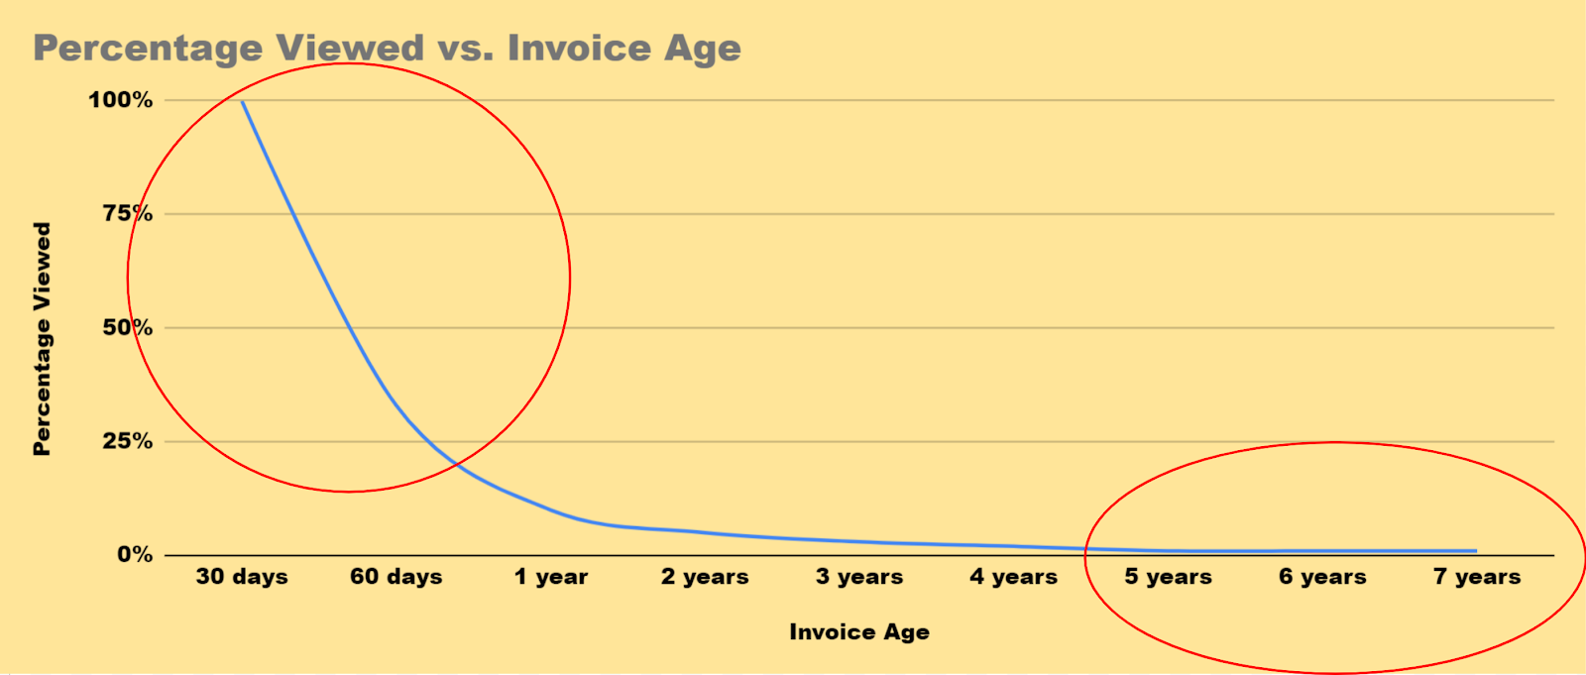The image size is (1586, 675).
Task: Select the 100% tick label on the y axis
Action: [x=120, y=100]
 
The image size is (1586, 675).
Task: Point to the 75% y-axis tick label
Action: [x=128, y=213]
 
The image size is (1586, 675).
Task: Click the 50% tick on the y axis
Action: [x=128, y=327]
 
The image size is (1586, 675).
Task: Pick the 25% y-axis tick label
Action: [x=128, y=441]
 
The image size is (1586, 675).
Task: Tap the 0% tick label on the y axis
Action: [x=135, y=555]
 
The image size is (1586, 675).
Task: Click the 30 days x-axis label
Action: [x=242, y=577]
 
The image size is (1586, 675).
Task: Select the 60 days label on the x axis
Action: [x=396, y=577]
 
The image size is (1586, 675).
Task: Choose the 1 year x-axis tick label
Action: [x=551, y=577]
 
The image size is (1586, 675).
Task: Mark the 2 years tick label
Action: [x=705, y=577]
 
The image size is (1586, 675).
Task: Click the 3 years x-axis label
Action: [x=859, y=577]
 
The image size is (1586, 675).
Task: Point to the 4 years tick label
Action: [x=1014, y=577]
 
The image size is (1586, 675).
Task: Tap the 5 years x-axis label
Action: [x=1169, y=577]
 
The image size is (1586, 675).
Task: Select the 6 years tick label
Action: [x=1322, y=577]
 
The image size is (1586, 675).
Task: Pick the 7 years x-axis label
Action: [x=1477, y=577]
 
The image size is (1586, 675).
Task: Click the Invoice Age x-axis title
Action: [x=859, y=631]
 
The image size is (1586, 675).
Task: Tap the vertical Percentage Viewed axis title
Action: [x=43, y=339]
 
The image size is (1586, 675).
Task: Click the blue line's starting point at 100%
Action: [x=242, y=101]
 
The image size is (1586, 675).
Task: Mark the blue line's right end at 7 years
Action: [x=1476, y=550]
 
